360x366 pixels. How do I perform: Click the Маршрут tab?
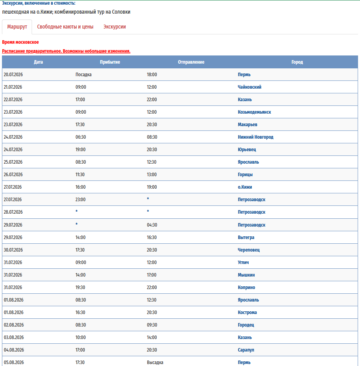point(17,27)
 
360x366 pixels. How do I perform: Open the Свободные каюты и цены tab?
point(65,27)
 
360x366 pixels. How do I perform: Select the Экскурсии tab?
point(114,27)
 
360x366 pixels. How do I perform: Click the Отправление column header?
point(191,62)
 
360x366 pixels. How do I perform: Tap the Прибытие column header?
point(110,62)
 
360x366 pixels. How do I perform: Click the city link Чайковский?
point(250,87)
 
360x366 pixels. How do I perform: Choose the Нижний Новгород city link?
point(255,137)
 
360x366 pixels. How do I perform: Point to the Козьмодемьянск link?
point(254,112)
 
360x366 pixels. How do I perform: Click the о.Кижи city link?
point(245,187)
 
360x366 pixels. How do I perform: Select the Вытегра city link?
point(246,237)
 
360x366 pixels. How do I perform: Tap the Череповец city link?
point(249,250)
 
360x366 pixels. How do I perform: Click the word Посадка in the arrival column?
point(83,75)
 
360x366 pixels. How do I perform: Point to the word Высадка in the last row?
point(155,362)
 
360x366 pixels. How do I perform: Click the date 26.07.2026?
point(13,175)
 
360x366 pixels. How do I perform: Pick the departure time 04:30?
point(152,225)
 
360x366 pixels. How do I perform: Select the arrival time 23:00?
point(80,200)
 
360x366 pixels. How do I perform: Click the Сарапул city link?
point(246,350)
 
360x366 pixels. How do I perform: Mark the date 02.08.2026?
point(13,325)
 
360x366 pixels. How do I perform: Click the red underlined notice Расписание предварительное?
point(66,51)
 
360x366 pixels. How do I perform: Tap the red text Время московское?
point(20,42)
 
